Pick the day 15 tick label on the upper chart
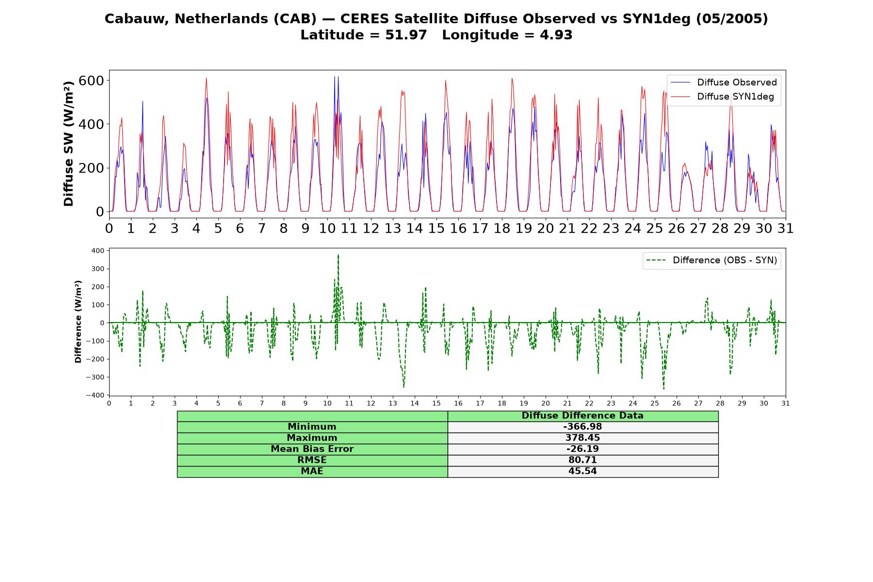pyautogui.click(x=436, y=228)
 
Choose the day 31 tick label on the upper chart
pyautogui.click(x=785, y=228)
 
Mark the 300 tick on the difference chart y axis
pyautogui.click(x=97, y=269)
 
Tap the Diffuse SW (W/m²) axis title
pyautogui.click(x=68, y=144)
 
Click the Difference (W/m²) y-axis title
pyautogui.click(x=78, y=322)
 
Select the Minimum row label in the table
pyautogui.click(x=312, y=427)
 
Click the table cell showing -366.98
pyautogui.click(x=582, y=427)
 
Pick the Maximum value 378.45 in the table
pyautogui.click(x=582, y=438)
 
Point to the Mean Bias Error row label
pyautogui.click(x=312, y=449)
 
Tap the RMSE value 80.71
pyautogui.click(x=582, y=460)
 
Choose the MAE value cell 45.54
pyautogui.click(x=582, y=471)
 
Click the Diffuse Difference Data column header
pyautogui.click(x=582, y=416)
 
